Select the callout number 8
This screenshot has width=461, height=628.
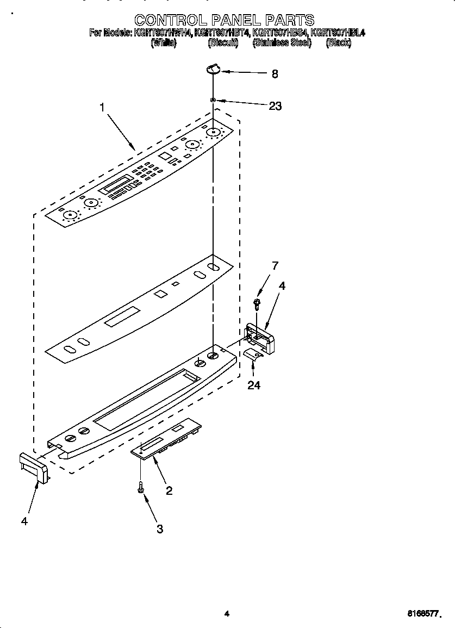tap(275, 74)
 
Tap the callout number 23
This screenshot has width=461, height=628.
tap(275, 106)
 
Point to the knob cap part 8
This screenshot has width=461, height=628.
tap(213, 68)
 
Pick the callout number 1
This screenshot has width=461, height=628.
tap(102, 108)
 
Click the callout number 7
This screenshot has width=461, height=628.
tap(275, 266)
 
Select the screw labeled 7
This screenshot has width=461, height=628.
tap(257, 302)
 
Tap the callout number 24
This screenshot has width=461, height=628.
tap(253, 385)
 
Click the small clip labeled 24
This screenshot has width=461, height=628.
tap(252, 355)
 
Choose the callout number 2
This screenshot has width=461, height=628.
tap(169, 490)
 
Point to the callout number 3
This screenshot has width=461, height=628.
tap(159, 528)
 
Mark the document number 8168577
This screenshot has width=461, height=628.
tap(423, 614)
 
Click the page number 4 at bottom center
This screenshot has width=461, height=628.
tap(227, 614)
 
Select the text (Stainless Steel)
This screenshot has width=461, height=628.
tap(282, 43)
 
